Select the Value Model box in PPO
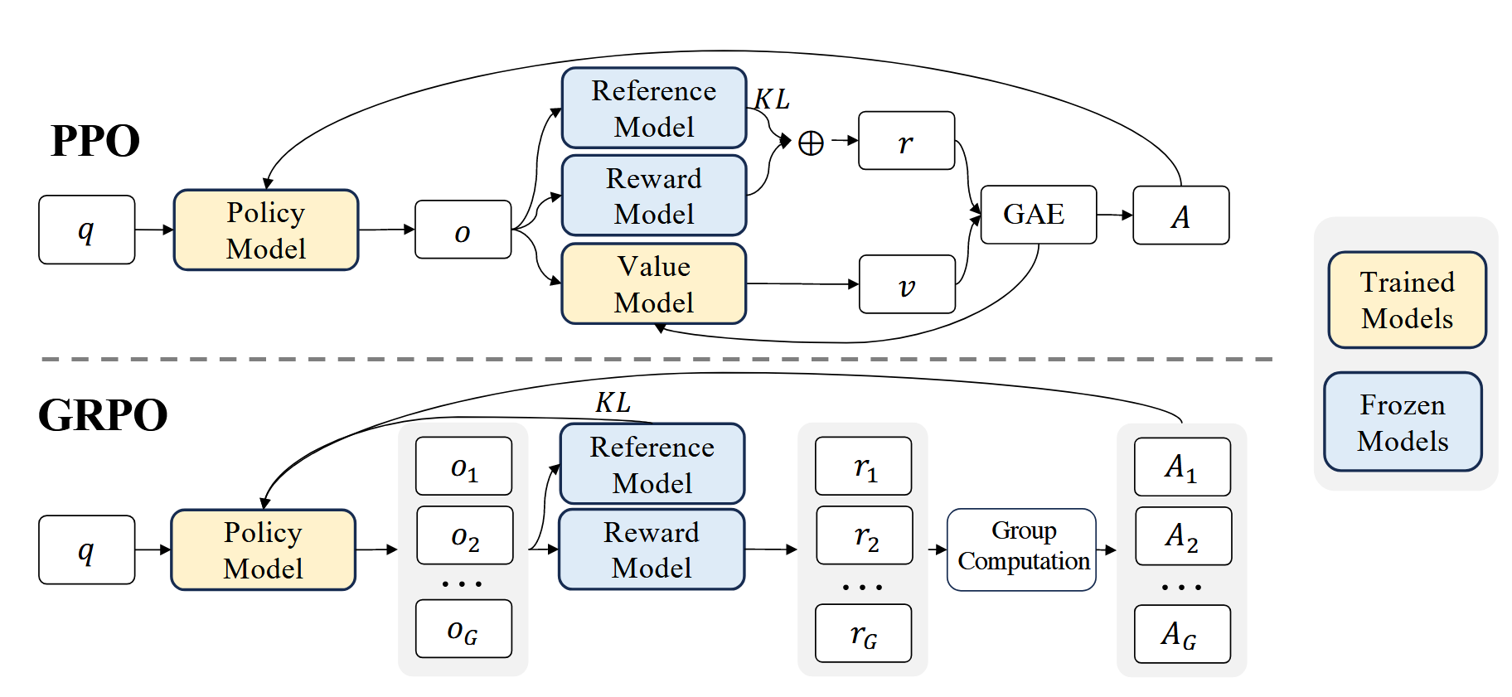654,284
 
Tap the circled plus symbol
811,143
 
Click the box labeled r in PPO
906,142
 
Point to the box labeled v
907,285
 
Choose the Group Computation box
1021,549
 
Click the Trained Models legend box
1407,300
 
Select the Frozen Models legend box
1403,423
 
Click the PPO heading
95,141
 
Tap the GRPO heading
103,415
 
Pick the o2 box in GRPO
464,536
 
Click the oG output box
463,630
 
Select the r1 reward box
864,467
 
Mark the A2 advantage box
1182,536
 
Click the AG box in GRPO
1181,635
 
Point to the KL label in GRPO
613,403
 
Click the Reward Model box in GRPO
652,550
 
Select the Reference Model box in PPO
654,109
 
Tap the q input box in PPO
86,230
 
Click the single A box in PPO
1180,215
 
